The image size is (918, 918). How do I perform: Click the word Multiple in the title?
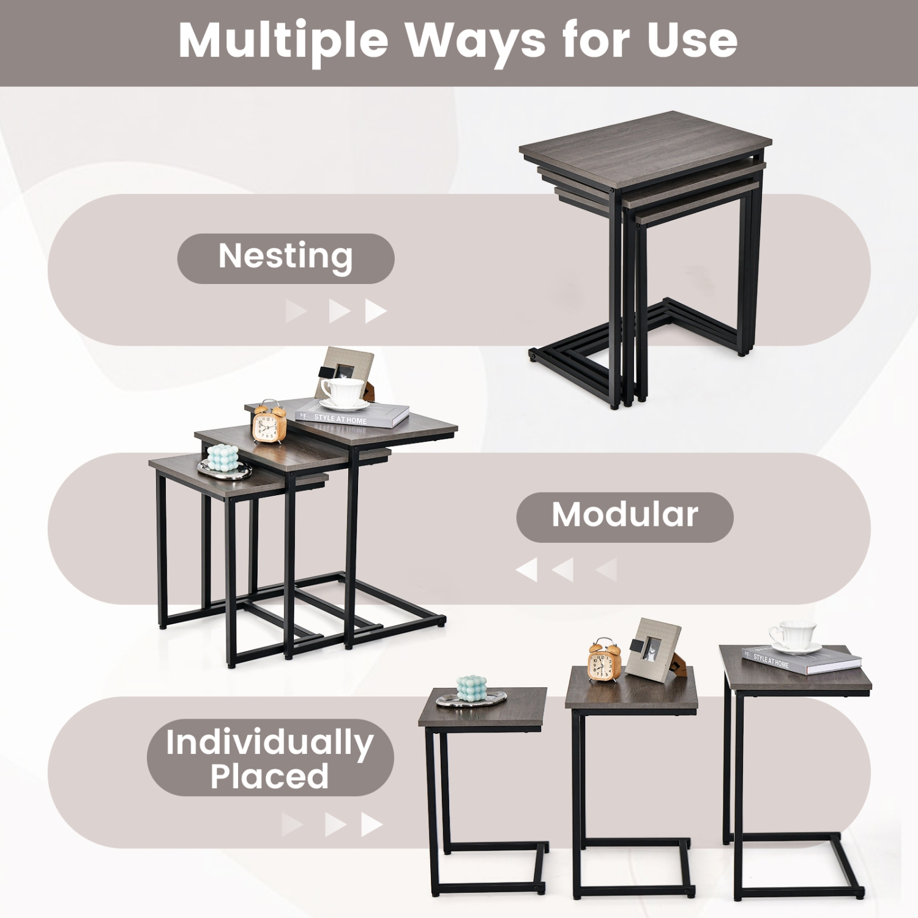283,40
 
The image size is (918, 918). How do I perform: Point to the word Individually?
269,742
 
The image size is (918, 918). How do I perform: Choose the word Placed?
269,777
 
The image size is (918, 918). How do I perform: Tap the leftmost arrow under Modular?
527,570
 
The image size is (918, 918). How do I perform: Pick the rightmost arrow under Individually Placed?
371,824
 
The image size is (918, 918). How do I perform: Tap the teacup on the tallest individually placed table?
793,637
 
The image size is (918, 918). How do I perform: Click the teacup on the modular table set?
343,392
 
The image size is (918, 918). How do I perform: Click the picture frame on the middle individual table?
653,651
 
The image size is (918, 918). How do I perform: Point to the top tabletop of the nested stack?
643,147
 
